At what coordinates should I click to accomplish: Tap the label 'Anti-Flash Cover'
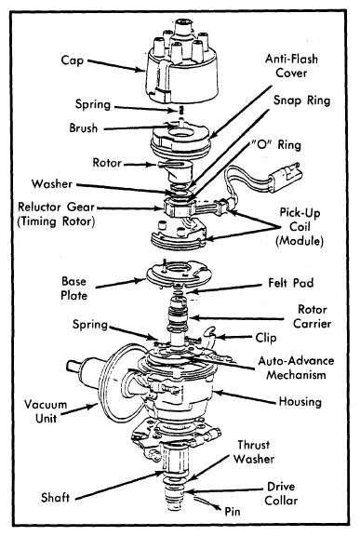point(291,66)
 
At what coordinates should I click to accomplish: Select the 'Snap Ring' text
point(302,100)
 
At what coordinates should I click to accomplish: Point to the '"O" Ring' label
point(276,145)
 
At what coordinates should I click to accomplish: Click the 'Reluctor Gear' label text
point(56,208)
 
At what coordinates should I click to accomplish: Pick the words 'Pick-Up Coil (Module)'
point(300,227)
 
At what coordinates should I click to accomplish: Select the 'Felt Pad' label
point(290,283)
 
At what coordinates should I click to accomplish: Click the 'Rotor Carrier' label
point(313,316)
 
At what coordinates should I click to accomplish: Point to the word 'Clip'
point(266,338)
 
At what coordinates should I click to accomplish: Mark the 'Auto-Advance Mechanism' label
point(296,368)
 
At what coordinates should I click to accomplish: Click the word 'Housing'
point(300,402)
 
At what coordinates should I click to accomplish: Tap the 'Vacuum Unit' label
point(46,411)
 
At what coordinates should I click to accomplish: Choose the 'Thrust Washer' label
point(254,452)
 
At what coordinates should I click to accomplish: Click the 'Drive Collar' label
point(281,493)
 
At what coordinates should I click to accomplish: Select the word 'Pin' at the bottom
point(233,512)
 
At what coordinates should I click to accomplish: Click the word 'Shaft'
point(55,497)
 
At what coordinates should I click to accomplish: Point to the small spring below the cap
point(181,110)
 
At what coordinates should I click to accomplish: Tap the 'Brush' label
point(84,128)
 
